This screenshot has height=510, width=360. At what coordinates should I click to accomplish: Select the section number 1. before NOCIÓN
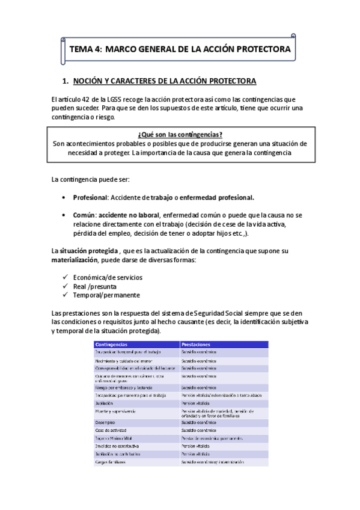(x=66, y=81)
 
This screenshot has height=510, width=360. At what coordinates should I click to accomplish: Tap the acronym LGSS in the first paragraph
(x=114, y=99)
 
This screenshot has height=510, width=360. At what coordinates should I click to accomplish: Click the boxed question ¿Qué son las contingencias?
(x=180, y=135)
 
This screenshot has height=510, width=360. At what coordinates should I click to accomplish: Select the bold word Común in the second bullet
(x=84, y=215)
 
